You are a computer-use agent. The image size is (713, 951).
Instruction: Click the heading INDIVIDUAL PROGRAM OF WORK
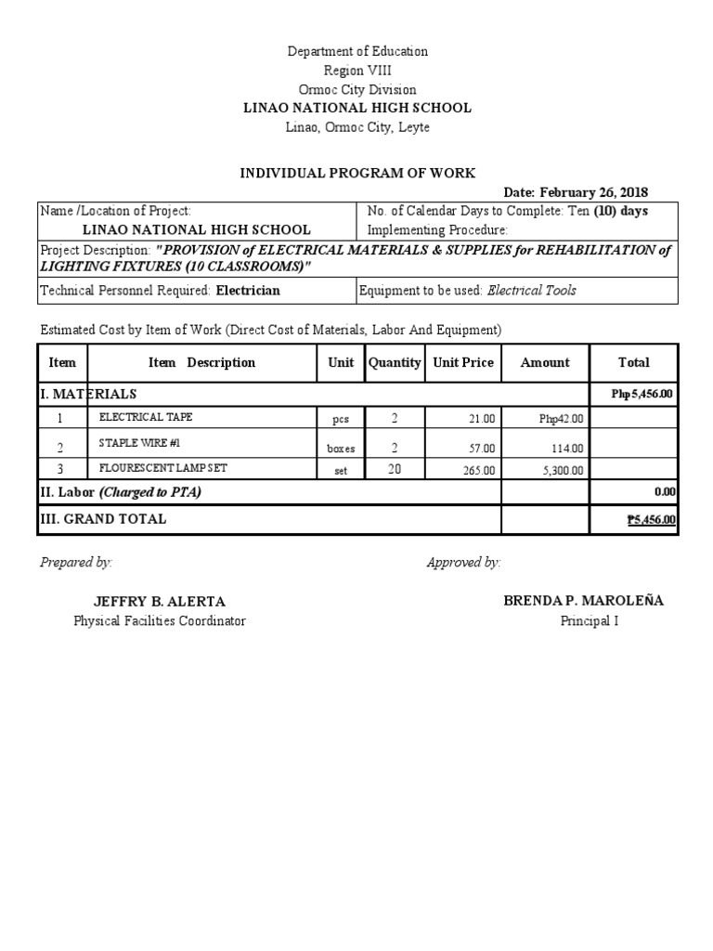point(357,173)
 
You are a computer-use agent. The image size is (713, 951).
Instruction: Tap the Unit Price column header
point(463,362)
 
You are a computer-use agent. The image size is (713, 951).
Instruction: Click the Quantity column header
point(395,362)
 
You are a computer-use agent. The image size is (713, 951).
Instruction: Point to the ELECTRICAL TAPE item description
point(146,417)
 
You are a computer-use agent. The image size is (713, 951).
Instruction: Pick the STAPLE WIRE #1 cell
point(139,443)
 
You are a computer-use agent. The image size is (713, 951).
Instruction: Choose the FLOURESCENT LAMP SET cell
point(162,468)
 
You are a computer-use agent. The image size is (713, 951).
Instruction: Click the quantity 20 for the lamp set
point(395,470)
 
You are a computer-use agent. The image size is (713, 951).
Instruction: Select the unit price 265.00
point(479,471)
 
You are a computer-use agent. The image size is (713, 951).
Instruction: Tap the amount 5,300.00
point(563,471)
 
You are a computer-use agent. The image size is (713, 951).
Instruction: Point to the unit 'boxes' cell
point(341,448)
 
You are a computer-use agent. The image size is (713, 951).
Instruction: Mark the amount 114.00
point(568,448)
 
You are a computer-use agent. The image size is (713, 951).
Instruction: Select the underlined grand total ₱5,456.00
point(651,520)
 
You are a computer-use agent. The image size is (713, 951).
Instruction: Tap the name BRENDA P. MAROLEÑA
point(583,600)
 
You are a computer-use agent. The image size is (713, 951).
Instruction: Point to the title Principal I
point(589,620)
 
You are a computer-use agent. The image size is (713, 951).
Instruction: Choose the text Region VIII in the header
point(357,71)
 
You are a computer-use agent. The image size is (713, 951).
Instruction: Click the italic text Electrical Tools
point(531,291)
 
